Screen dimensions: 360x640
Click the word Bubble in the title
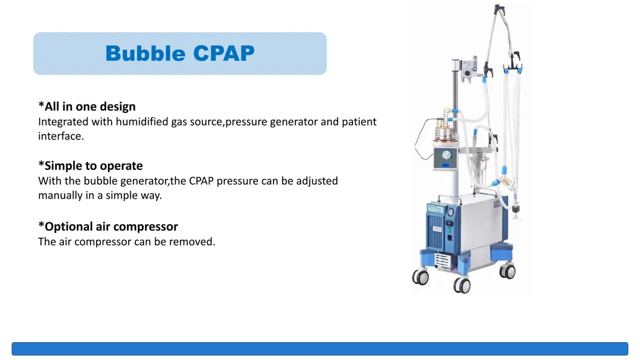pos(146,54)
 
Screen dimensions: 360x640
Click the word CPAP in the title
pos(224,54)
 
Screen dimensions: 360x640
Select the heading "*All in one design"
pos(87,107)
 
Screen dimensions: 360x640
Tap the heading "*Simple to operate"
pos(91,166)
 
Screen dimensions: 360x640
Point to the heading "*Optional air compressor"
pos(108,227)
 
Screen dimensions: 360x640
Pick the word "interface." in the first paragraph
pos(60,136)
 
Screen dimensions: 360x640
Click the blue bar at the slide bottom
pos(319,349)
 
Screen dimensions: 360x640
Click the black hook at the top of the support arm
pos(499,10)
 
